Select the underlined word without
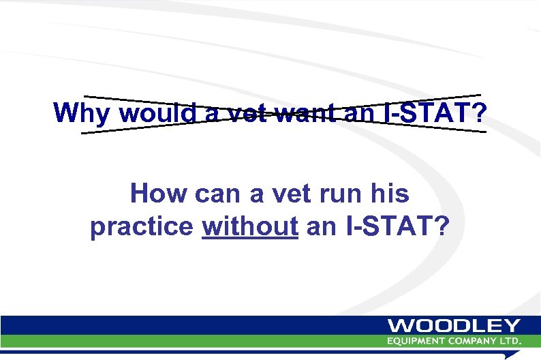[250, 227]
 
